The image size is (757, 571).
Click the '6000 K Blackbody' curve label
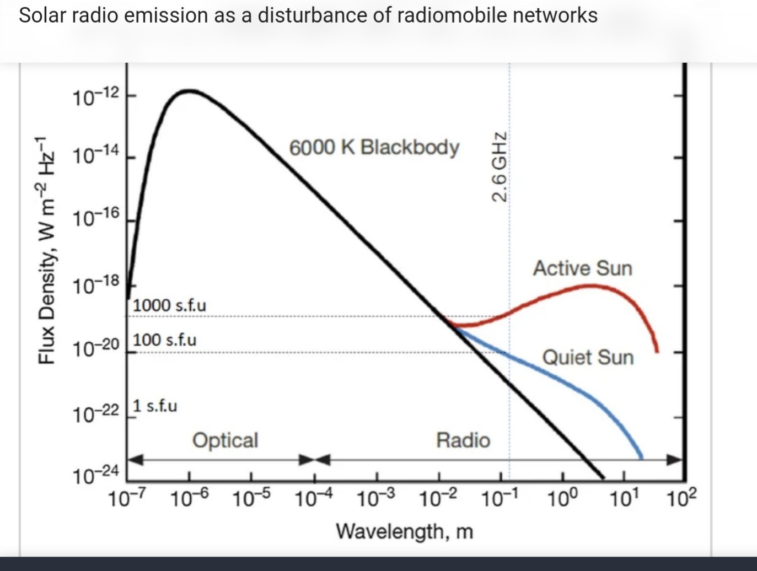(374, 148)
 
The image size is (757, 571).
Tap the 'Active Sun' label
(582, 268)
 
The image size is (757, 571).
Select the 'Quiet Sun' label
(588, 357)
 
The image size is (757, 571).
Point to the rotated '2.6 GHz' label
(499, 167)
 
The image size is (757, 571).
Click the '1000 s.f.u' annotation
(169, 305)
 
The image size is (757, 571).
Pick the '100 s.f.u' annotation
(164, 340)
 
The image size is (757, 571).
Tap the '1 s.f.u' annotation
(155, 406)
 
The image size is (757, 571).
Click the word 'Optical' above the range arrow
(225, 440)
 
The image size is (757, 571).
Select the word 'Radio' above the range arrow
(463, 440)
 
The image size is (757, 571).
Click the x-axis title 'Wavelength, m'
(405, 531)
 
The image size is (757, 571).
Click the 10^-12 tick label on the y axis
(95, 97)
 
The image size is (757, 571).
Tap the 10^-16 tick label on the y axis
(95, 219)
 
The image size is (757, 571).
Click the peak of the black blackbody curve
(189, 90)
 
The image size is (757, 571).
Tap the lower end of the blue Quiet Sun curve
(641, 457)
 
